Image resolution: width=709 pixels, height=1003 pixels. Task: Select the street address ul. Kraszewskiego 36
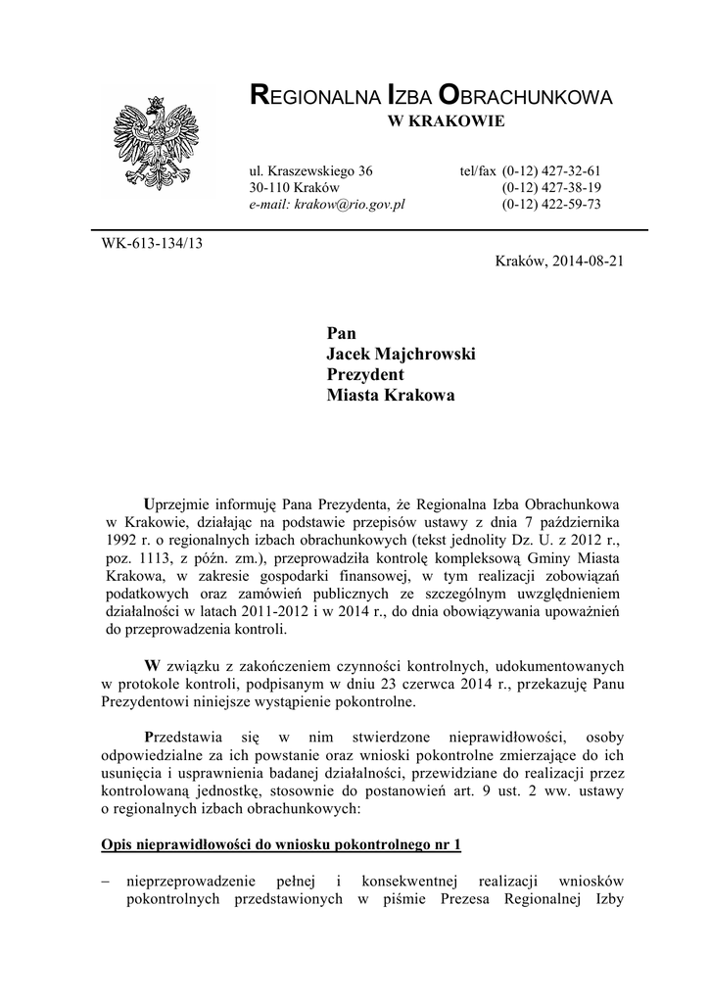point(311,169)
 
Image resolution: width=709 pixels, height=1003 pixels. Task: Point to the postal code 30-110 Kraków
point(294,187)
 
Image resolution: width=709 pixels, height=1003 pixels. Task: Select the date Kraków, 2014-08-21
point(561,262)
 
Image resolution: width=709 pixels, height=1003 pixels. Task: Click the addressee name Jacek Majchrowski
point(401,354)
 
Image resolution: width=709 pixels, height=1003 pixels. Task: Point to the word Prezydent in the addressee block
point(365,374)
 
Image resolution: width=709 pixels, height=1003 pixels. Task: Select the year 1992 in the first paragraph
point(119,540)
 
